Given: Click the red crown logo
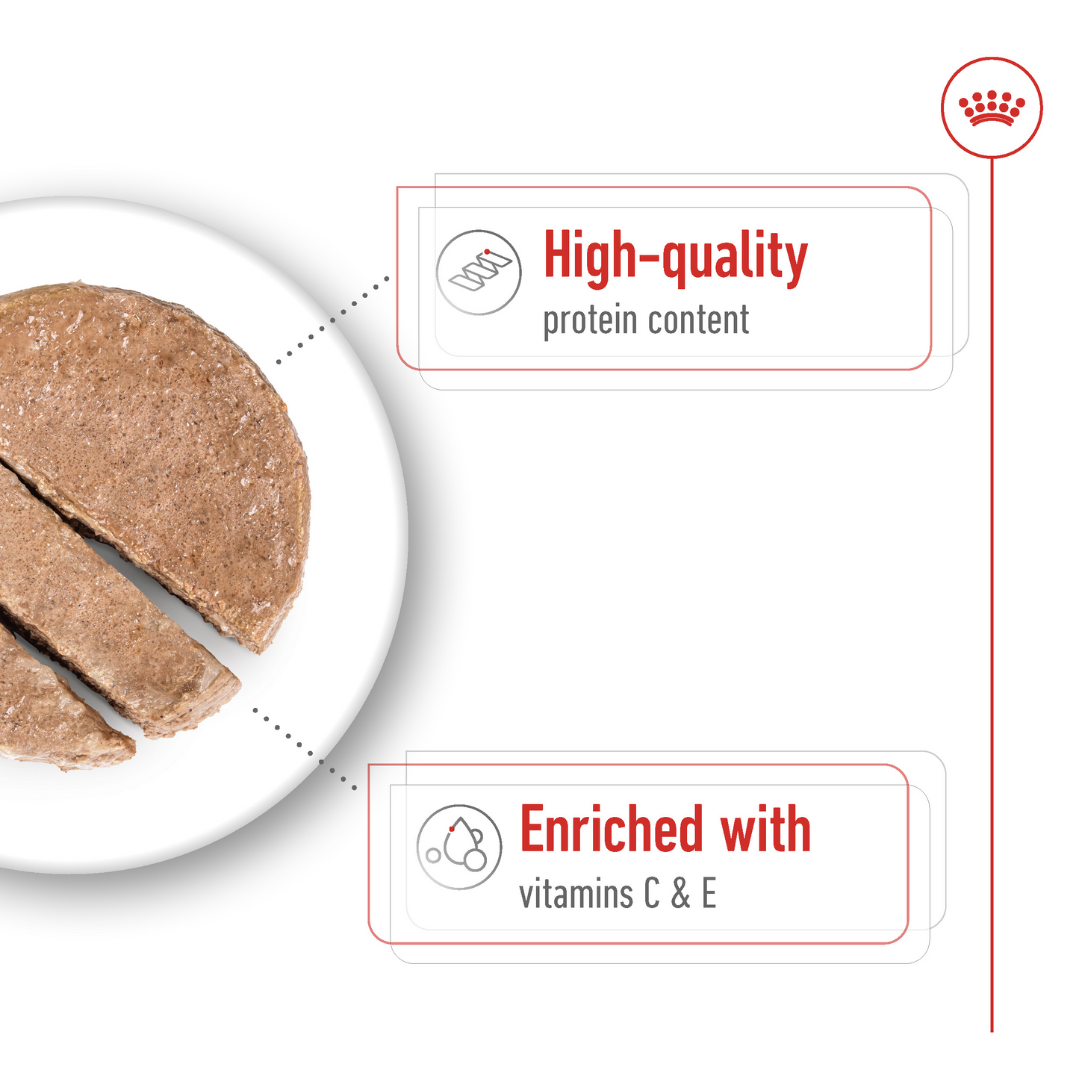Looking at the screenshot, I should click(991, 108).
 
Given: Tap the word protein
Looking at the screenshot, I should click(590, 321).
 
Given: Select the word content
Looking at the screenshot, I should click(698, 320).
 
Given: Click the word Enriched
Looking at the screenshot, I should click(612, 830).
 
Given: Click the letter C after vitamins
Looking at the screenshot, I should click(652, 894).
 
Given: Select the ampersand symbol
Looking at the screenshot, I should click(680, 895).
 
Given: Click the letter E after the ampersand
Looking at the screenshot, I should click(709, 894).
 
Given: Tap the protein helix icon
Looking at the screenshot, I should click(479, 272).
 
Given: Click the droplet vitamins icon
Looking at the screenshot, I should click(459, 847).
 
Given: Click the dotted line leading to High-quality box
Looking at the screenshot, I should click(332, 320).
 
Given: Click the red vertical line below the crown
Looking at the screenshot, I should click(992, 597).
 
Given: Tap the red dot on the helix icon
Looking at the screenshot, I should click(487, 252).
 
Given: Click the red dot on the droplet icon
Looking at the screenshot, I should click(452, 829).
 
